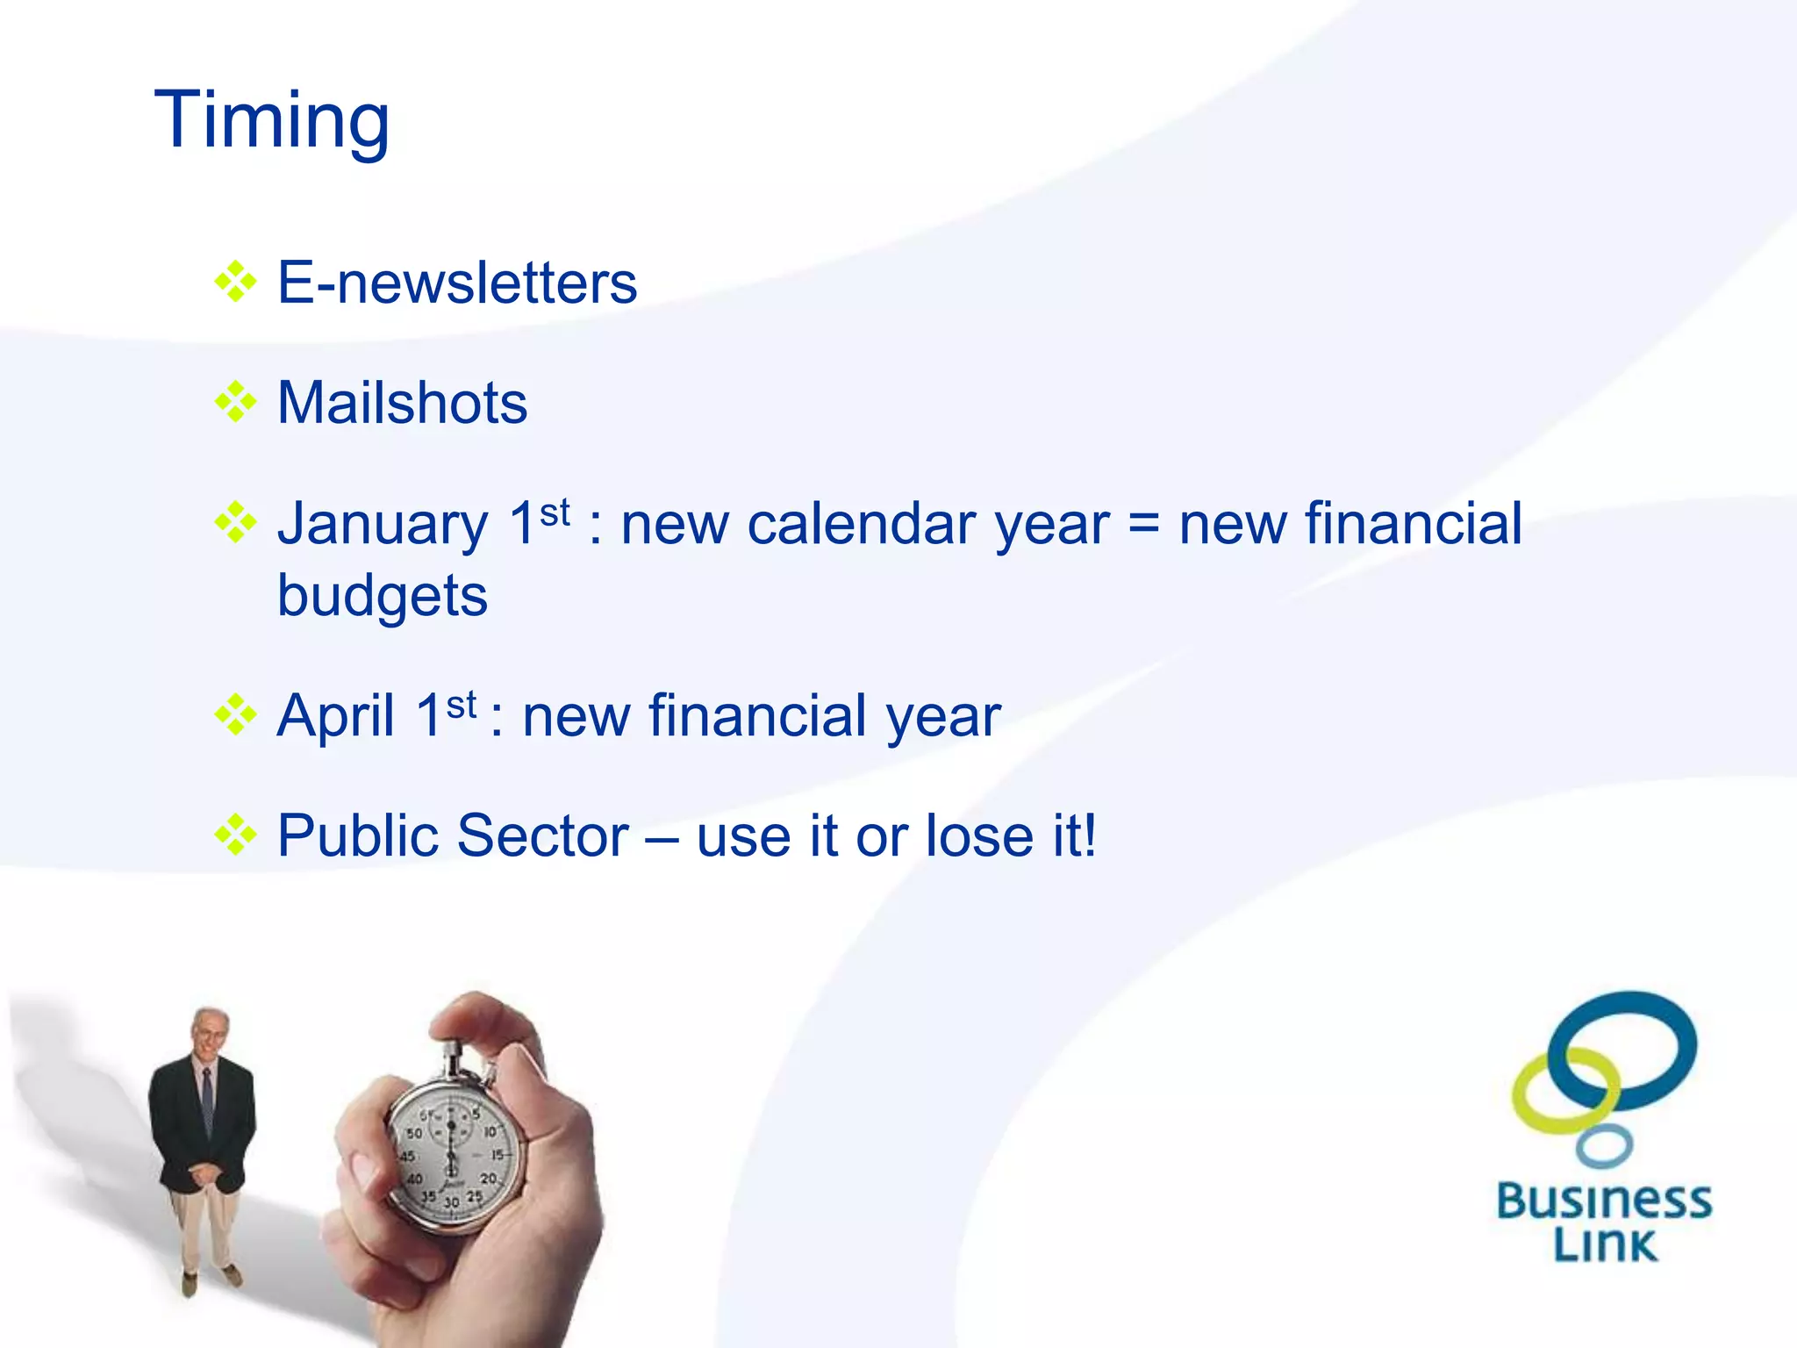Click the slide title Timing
point(272,121)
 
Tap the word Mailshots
point(402,403)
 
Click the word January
point(383,525)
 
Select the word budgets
point(383,597)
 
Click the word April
point(335,715)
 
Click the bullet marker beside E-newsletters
point(235,283)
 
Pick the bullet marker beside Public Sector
point(235,835)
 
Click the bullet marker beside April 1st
point(235,714)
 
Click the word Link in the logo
point(1605,1244)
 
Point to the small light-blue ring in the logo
point(1604,1146)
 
